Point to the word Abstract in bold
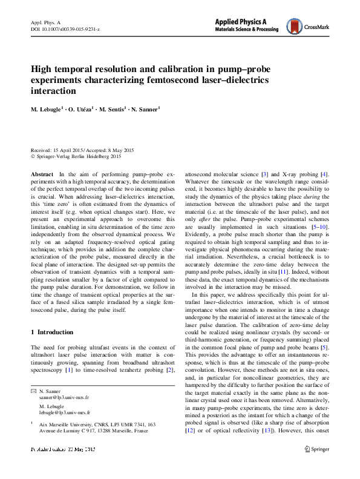click(x=41, y=173)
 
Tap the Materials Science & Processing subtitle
click(x=249, y=29)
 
